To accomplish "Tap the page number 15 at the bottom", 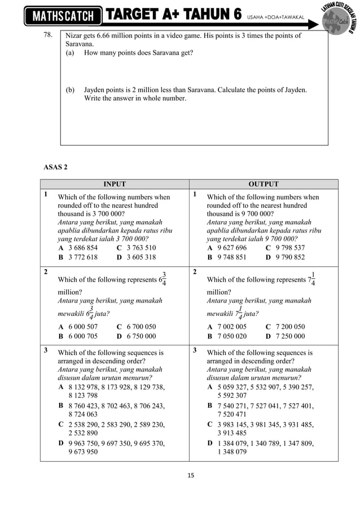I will [x=190, y=475].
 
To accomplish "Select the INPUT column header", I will [x=114, y=184].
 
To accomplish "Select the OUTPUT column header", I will [x=264, y=184].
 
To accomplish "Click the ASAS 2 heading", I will [x=55, y=167].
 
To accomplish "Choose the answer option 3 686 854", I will [x=83, y=248].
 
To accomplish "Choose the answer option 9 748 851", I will [x=232, y=257].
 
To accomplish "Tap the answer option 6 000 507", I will [x=83, y=326].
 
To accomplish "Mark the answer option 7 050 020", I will [x=232, y=336].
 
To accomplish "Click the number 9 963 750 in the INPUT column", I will [x=85, y=443].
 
